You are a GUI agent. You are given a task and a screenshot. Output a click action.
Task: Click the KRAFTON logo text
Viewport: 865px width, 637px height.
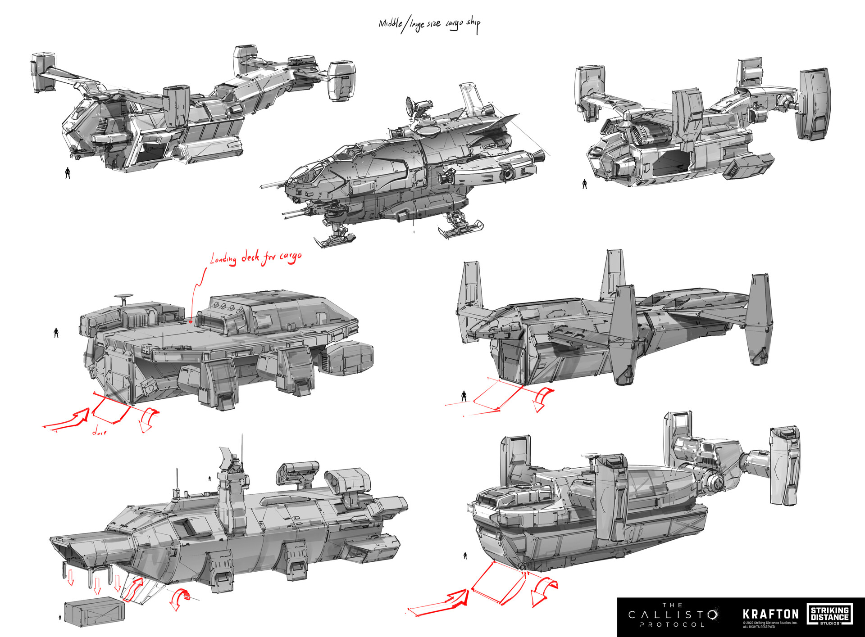coord(770,614)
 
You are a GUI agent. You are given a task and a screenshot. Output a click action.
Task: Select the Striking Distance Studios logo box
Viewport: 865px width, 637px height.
coord(829,614)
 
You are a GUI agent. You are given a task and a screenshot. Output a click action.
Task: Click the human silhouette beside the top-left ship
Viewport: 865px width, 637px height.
coord(68,173)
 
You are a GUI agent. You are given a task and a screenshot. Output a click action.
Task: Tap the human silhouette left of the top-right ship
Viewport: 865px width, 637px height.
coord(584,184)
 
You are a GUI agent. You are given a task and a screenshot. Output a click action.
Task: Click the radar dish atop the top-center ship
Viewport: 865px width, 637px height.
coord(412,106)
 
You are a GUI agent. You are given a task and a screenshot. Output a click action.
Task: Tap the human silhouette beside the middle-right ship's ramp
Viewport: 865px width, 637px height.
coord(464,396)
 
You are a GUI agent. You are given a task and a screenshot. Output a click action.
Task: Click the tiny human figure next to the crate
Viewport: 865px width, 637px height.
coord(60,618)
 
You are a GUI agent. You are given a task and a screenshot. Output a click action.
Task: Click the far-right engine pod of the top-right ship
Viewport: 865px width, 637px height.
coord(814,104)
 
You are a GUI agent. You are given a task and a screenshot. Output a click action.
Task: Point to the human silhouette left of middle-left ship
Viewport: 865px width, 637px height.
coord(56,332)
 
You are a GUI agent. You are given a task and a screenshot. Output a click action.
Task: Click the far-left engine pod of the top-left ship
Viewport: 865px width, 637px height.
coord(43,72)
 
